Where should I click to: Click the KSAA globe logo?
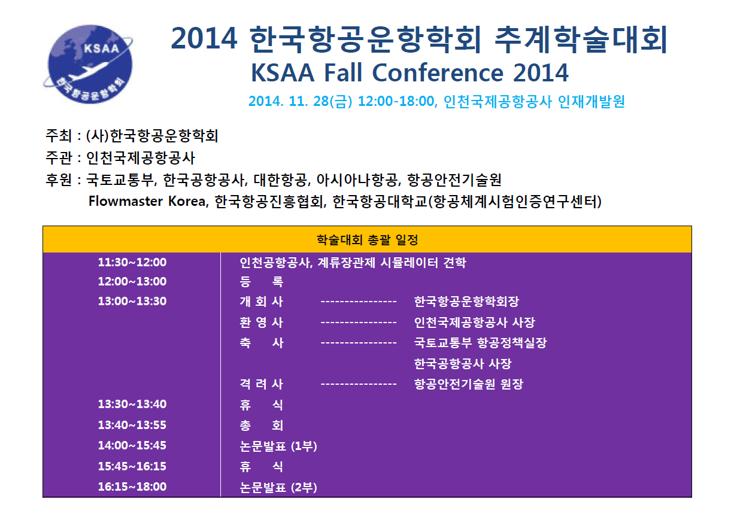click(88, 64)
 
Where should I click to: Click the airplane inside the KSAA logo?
click(86, 72)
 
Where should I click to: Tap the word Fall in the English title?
click(343, 72)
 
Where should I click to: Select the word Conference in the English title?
click(438, 72)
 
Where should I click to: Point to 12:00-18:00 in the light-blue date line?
click(396, 101)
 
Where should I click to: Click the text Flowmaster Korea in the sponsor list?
click(147, 201)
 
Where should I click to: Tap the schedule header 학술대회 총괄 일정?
click(367, 240)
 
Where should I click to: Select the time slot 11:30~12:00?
click(132, 262)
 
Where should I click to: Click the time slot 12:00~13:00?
click(132, 281)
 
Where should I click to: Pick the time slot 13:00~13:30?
click(132, 301)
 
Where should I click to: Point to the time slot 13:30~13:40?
click(132, 404)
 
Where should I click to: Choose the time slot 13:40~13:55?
click(132, 425)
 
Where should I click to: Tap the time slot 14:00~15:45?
click(132, 445)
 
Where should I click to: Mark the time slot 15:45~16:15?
click(132, 466)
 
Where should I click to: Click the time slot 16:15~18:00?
click(132, 486)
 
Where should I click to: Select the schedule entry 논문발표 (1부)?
click(278, 446)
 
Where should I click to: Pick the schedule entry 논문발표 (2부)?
click(278, 487)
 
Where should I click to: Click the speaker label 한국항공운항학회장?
click(466, 302)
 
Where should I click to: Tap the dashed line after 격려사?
click(359, 384)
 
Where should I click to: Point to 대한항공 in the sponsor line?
click(280, 180)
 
